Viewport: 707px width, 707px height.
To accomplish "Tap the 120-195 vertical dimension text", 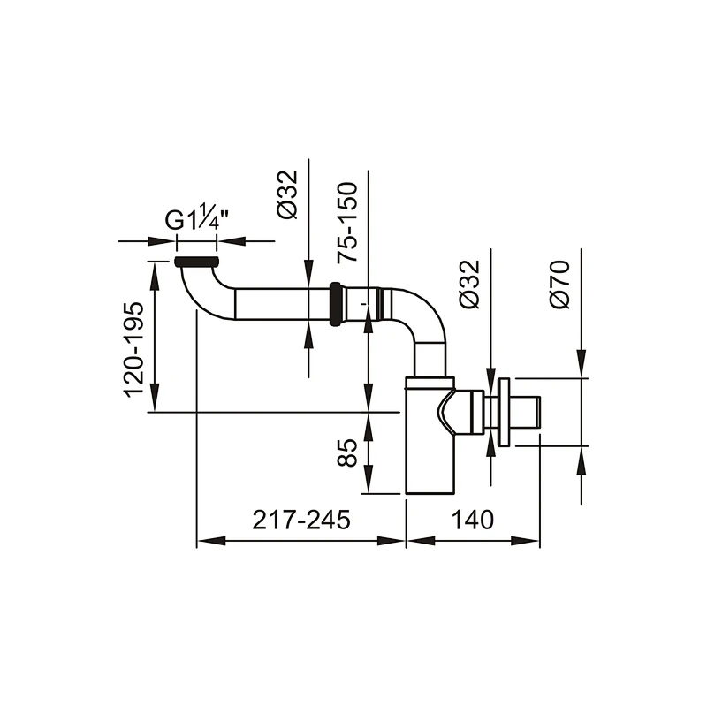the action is tap(134, 350).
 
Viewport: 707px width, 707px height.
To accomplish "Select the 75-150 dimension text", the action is tap(347, 222).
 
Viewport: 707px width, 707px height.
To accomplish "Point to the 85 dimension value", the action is tap(347, 452).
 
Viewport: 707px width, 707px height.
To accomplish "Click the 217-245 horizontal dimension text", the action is tap(300, 520).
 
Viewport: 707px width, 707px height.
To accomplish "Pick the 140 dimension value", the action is tap(473, 520).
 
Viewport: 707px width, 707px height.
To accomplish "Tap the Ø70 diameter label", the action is tap(559, 285).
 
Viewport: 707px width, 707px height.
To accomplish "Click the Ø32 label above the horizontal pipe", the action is tap(287, 194).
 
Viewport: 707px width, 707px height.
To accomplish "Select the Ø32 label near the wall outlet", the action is tap(469, 285).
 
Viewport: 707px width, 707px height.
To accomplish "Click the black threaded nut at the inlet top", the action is tap(196, 262).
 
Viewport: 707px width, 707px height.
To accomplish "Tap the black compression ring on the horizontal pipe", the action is tap(335, 303).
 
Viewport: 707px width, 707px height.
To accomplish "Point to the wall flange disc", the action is tap(504, 412).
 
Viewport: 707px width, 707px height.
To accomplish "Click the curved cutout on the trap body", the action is tap(446, 411).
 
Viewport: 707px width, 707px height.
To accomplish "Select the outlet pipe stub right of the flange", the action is tap(525, 412).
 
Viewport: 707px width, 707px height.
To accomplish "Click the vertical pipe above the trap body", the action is tap(430, 360).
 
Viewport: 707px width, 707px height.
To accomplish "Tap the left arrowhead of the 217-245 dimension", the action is tap(211, 541).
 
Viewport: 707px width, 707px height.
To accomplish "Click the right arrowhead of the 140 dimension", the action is tap(525, 541).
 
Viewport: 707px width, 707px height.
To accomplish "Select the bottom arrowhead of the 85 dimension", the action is tap(369, 479).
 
